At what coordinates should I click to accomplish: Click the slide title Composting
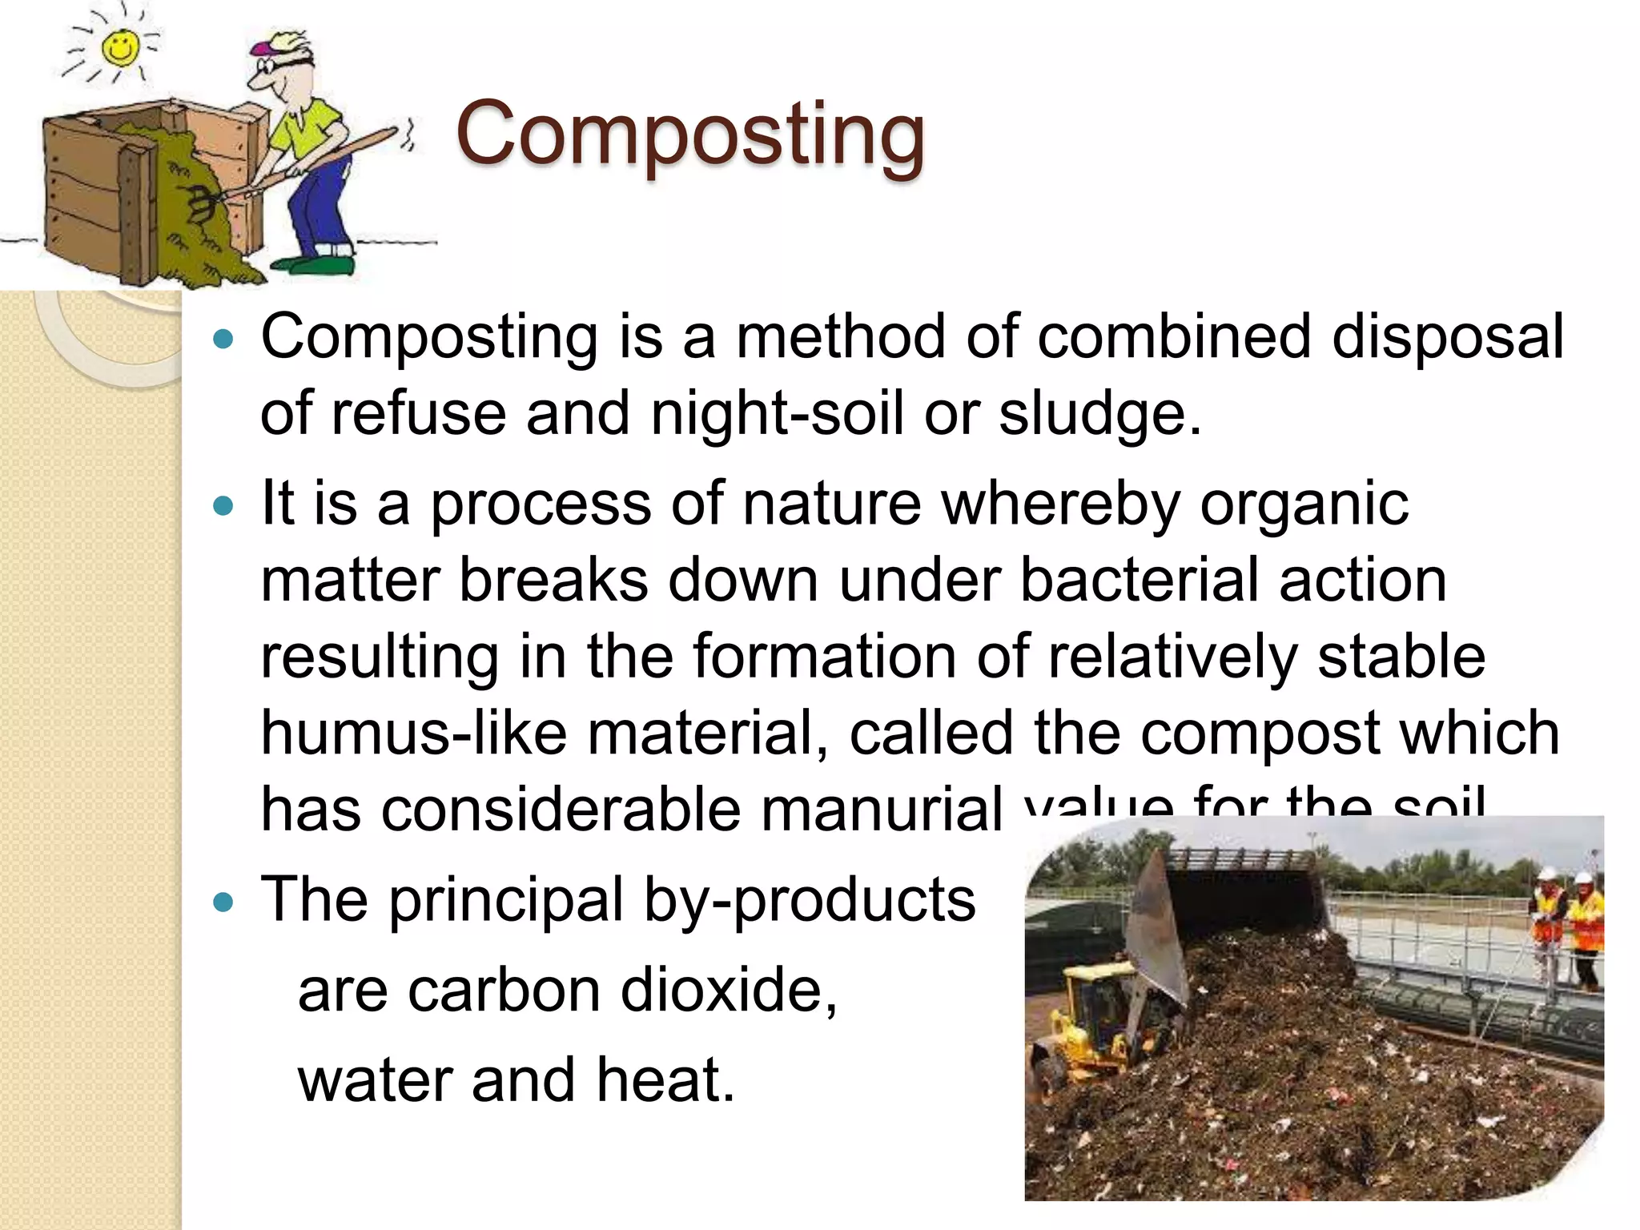pos(690,133)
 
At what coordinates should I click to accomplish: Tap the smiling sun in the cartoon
pos(121,47)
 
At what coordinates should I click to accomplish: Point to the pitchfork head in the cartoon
pos(196,203)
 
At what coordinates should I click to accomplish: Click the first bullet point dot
pos(224,340)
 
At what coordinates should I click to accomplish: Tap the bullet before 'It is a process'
pos(224,506)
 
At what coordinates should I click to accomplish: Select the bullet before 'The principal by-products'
pos(224,902)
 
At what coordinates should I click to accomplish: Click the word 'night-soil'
pos(777,413)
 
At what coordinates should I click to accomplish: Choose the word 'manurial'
pos(881,809)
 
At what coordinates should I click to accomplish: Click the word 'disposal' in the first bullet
pos(1447,336)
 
